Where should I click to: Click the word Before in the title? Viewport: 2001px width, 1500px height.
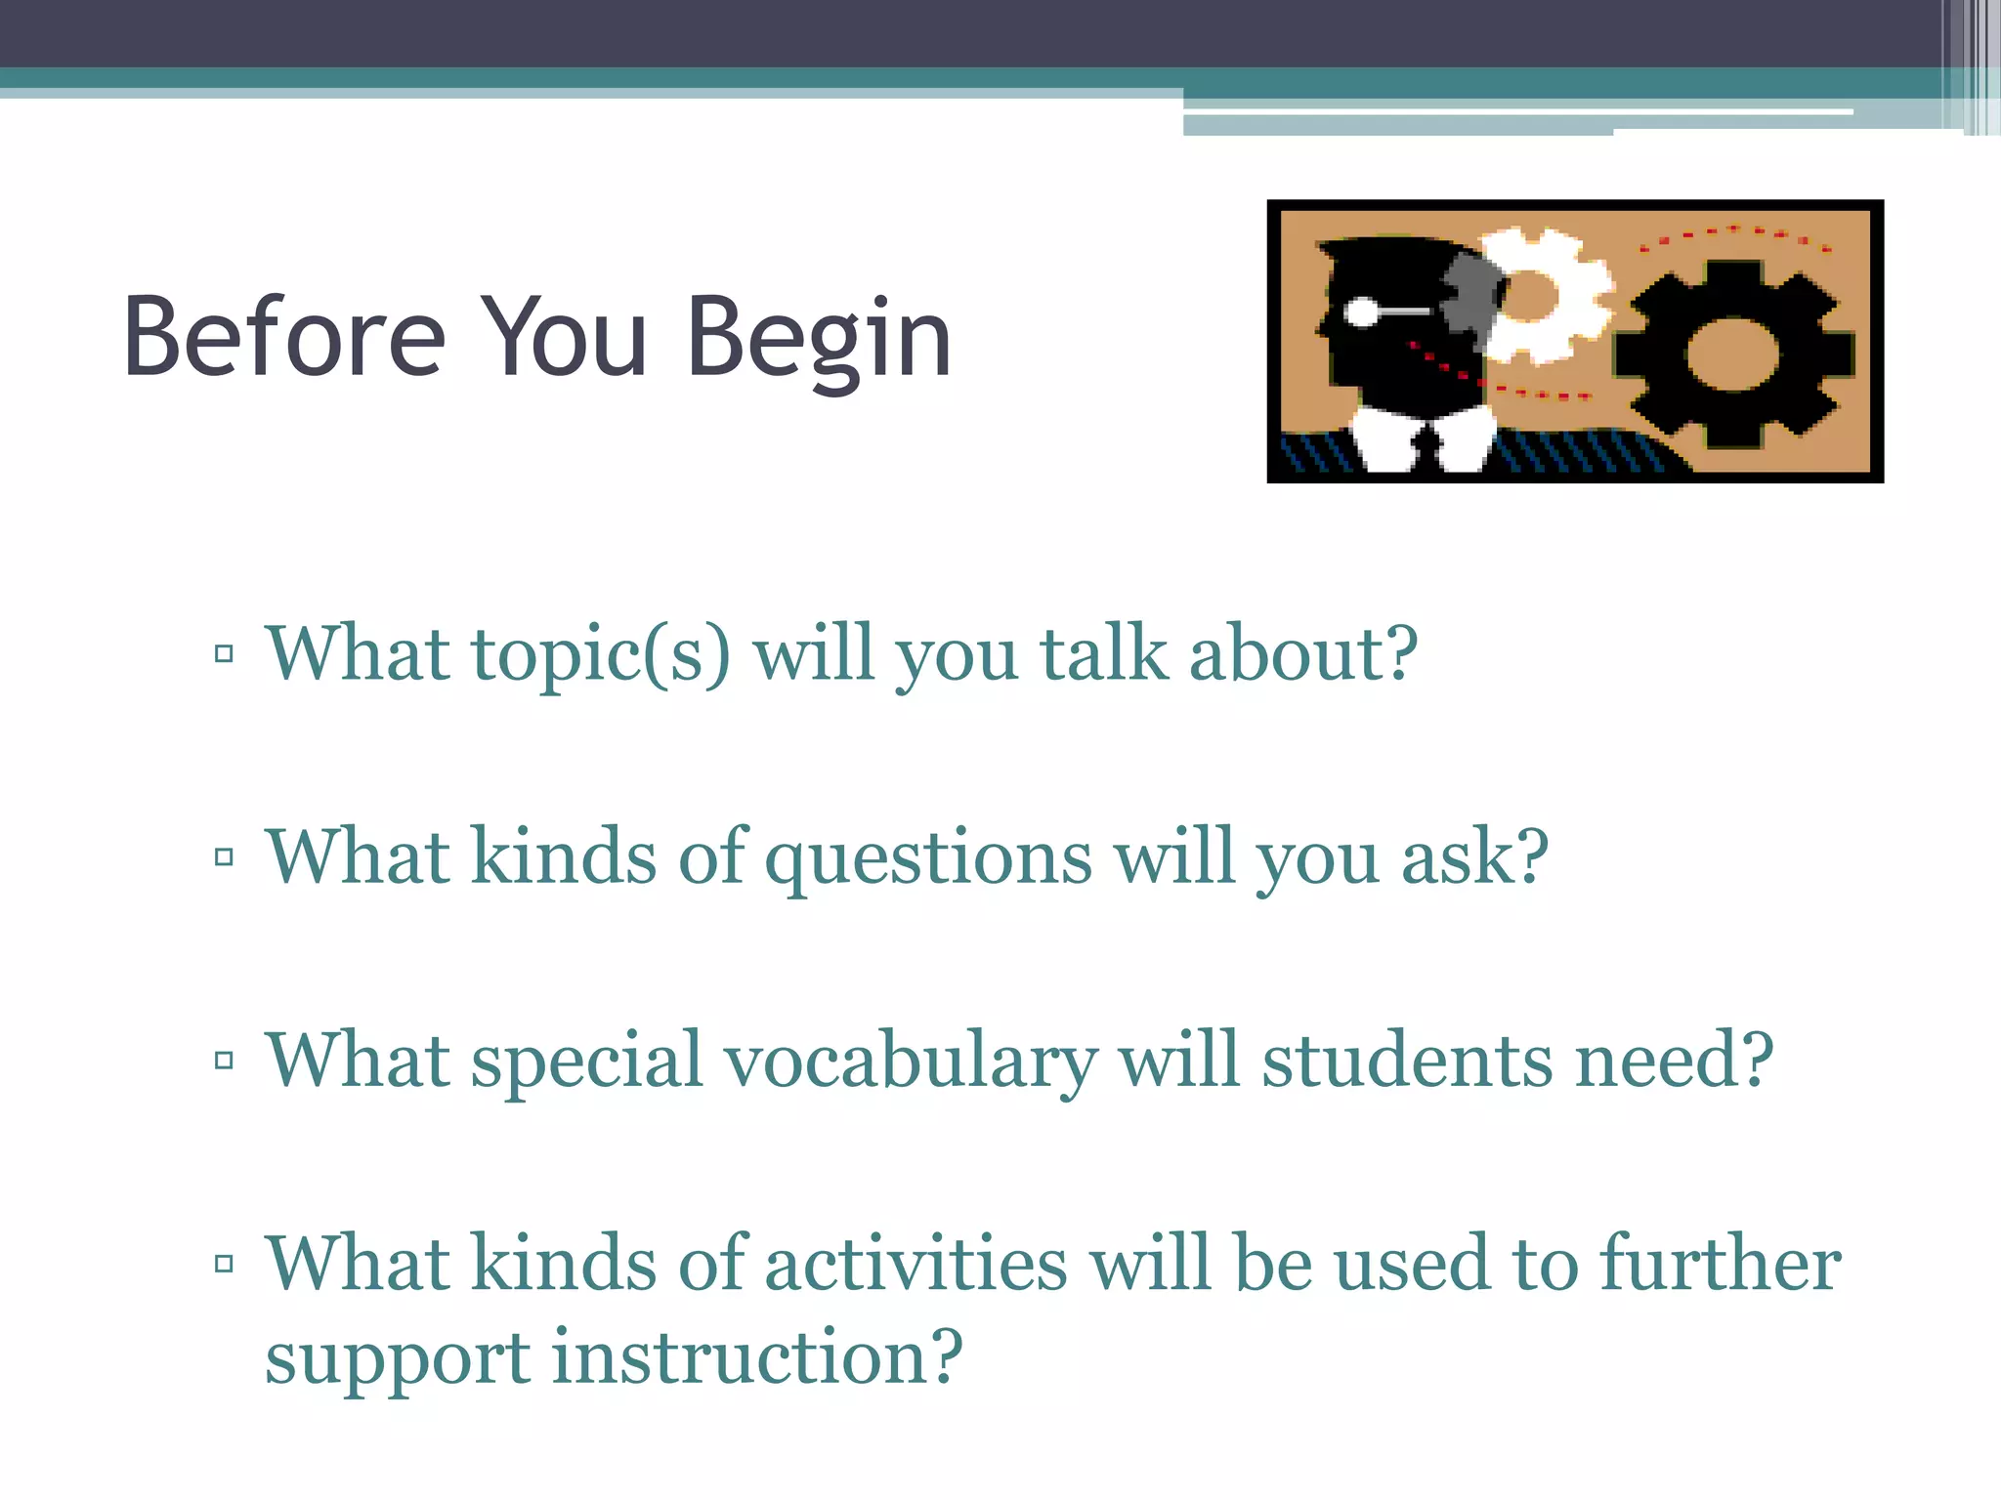pyautogui.click(x=284, y=337)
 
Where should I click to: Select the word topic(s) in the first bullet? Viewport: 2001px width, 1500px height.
pyautogui.click(x=600, y=654)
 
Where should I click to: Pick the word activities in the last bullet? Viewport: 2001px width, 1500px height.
pyautogui.click(x=915, y=1264)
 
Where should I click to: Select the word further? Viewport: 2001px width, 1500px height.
pyautogui.click(x=1720, y=1264)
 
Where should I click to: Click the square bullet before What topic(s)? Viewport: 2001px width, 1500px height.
pyautogui.click(x=224, y=653)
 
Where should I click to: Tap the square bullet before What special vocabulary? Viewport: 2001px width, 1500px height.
pyautogui.click(x=224, y=1060)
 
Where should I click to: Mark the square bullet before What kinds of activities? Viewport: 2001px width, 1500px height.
pyautogui.click(x=224, y=1263)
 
